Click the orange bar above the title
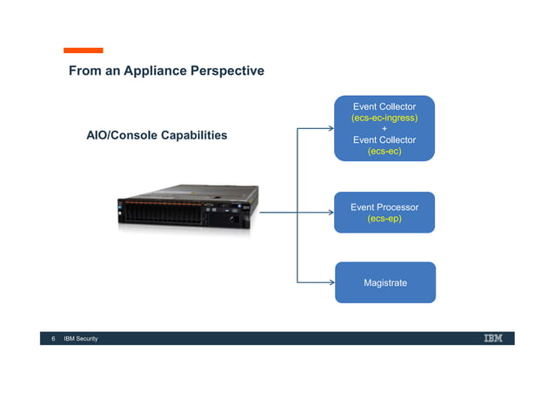click(x=83, y=51)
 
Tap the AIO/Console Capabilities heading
click(x=157, y=135)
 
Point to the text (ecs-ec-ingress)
click(x=384, y=118)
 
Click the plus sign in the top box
click(x=384, y=129)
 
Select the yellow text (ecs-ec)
click(x=384, y=151)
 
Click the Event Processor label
click(x=384, y=207)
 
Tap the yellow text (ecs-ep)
click(x=384, y=219)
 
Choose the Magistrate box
click(x=384, y=282)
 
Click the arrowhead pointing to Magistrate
click(x=331, y=282)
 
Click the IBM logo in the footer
click(x=492, y=338)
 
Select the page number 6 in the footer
click(x=53, y=338)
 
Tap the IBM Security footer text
click(x=81, y=338)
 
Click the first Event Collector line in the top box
click(x=384, y=106)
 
